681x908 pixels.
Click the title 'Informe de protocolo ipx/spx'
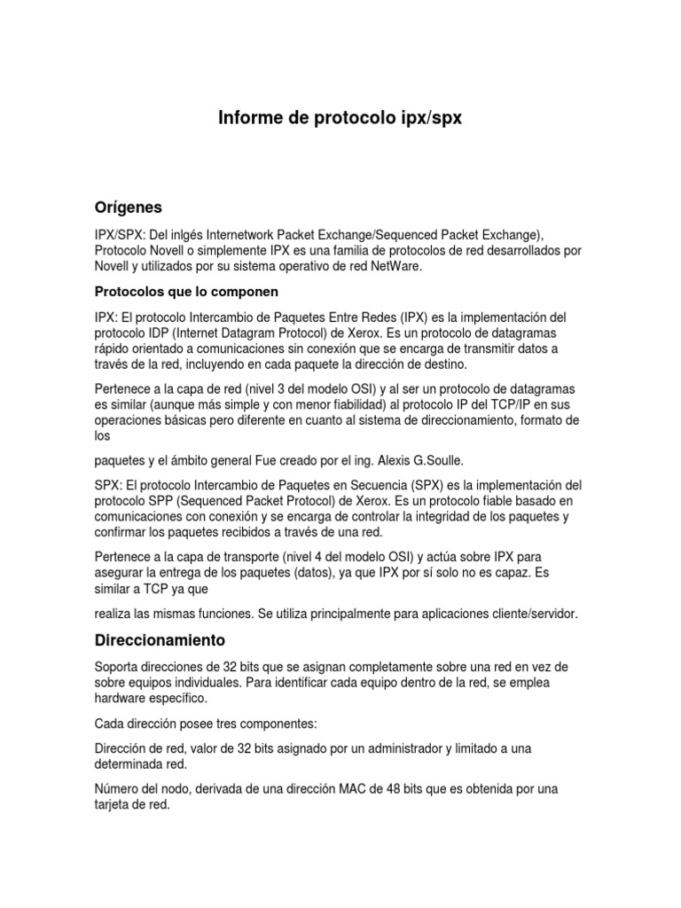click(340, 119)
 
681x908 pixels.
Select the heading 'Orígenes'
click(128, 207)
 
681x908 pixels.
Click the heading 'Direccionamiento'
click(160, 639)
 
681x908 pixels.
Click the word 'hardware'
click(121, 698)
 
